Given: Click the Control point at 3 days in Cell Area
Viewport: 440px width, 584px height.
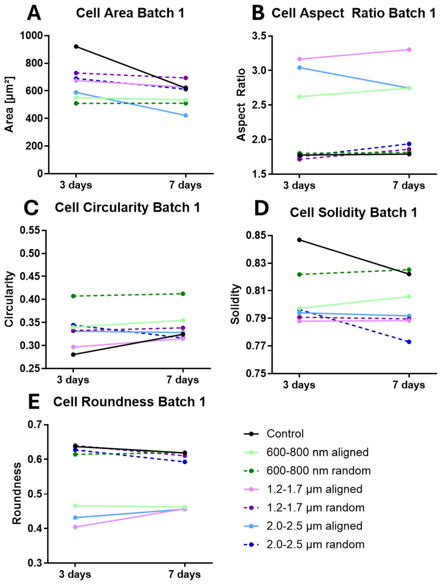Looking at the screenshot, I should [76, 46].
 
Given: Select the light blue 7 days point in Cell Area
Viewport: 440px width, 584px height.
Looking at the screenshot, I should [186, 115].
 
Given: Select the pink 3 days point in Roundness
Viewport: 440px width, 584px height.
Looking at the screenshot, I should [75, 527].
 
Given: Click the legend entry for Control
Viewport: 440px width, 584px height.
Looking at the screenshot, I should [285, 434].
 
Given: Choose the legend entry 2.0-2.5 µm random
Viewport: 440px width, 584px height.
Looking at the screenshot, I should [315, 544].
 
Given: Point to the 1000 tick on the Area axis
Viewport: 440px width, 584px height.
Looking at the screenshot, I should [31, 35].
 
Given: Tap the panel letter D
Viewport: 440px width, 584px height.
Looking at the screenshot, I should [261, 208].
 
